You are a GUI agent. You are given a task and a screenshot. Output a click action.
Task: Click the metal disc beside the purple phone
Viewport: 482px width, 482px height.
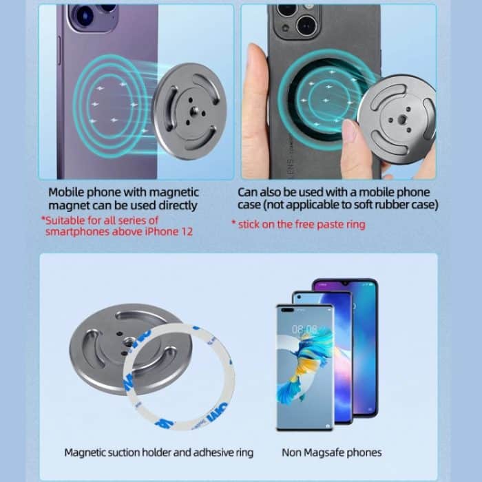click(x=189, y=110)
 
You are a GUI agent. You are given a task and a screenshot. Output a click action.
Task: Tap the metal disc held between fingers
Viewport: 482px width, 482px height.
click(x=397, y=118)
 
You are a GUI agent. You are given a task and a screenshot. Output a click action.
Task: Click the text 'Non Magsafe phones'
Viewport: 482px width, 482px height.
click(x=331, y=452)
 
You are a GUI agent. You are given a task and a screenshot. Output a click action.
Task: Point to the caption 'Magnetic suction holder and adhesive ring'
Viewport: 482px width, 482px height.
click(x=158, y=452)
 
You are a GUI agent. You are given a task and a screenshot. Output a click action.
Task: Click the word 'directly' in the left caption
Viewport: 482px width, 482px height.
click(x=178, y=205)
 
